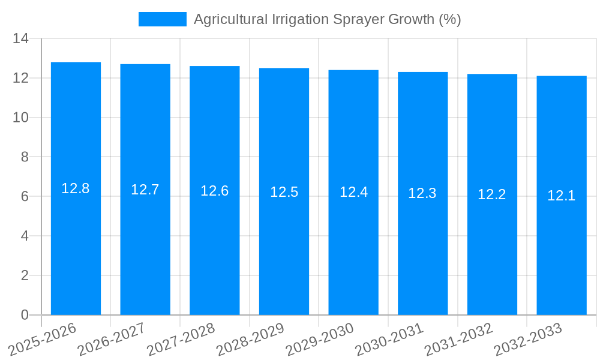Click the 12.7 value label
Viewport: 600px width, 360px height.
click(x=145, y=190)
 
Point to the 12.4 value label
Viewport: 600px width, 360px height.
click(x=353, y=192)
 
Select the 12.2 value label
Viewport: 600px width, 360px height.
click(x=492, y=194)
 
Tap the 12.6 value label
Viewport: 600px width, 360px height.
click(x=214, y=191)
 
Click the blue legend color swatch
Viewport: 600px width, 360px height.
click(x=162, y=19)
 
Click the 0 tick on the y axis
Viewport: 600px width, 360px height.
click(x=25, y=315)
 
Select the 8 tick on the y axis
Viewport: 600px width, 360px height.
click(x=25, y=157)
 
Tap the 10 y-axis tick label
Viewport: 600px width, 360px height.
click(x=20, y=118)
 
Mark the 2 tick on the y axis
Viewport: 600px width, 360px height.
click(x=25, y=275)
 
